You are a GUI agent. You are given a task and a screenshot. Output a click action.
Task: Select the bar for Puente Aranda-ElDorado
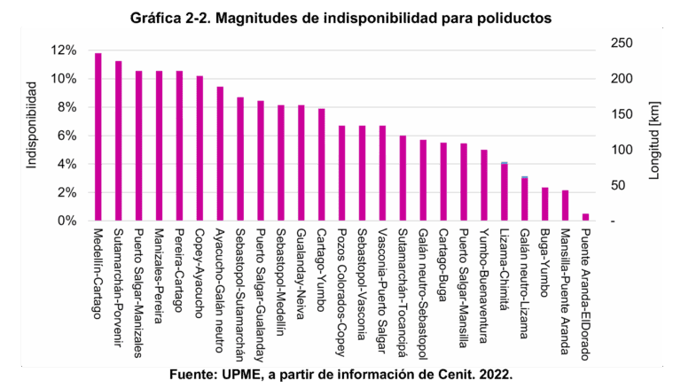(585, 217)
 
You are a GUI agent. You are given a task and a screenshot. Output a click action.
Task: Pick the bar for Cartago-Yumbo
(321, 165)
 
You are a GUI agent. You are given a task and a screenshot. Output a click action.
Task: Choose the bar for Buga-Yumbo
(544, 204)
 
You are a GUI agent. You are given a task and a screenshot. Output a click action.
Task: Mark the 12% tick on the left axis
(66, 50)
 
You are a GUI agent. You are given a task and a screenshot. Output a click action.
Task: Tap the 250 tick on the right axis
(620, 43)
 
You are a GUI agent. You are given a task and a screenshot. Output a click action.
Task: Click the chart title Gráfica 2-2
(340, 17)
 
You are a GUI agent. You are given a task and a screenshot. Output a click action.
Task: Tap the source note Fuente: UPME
(340, 376)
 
